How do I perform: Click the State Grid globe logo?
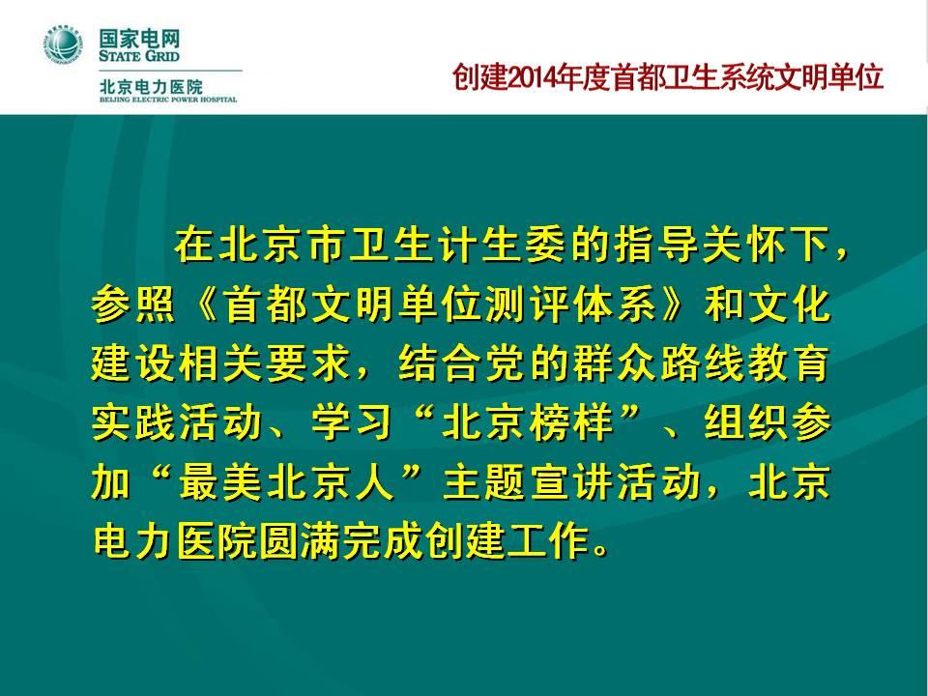tap(63, 45)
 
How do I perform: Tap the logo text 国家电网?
tap(139, 41)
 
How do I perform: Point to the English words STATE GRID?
tap(139, 57)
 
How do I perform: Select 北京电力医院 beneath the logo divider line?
tap(151, 87)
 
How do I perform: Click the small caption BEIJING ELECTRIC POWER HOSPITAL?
tap(168, 100)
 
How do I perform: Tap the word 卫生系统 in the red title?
tap(720, 77)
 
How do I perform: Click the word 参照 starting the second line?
tap(133, 304)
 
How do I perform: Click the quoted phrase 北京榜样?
tap(528, 422)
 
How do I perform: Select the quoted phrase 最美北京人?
tap(287, 482)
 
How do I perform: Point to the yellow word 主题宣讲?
tap(528, 482)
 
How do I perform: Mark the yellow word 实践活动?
tap(176, 422)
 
